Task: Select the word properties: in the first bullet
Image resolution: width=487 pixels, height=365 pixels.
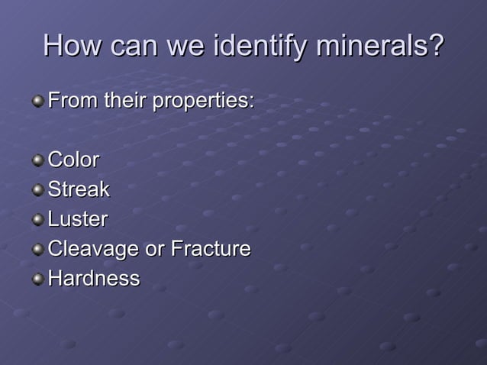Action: [x=203, y=101]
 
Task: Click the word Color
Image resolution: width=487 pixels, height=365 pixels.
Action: [x=73, y=160]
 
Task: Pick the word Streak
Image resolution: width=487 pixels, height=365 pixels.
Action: [x=79, y=189]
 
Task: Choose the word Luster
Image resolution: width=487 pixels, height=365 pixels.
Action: [x=77, y=219]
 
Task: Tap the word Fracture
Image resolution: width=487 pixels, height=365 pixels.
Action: [x=211, y=249]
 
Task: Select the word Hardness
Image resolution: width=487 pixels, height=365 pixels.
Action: [x=94, y=279]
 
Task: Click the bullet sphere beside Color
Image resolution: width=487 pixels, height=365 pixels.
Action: [x=37, y=161]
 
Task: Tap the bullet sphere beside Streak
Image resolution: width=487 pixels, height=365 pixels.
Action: [x=37, y=191]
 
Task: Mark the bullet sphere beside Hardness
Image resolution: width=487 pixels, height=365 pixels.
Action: [x=37, y=280]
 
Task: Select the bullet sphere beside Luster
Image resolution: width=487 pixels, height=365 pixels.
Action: [x=37, y=221]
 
